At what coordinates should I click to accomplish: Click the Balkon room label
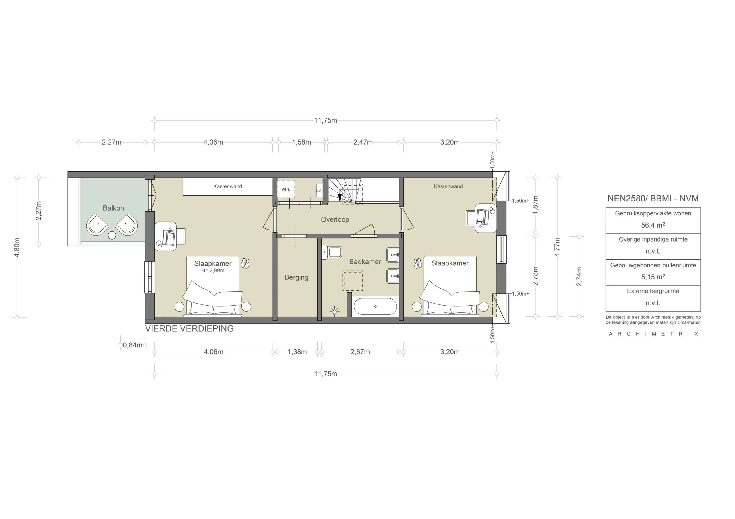[x=113, y=208]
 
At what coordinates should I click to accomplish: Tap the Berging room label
[x=296, y=277]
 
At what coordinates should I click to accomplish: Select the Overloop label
[x=335, y=219]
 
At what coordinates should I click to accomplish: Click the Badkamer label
[x=365, y=261]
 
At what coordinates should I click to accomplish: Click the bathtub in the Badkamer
[x=375, y=306]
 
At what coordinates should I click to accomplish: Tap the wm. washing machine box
[x=286, y=189]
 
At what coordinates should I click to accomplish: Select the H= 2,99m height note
[x=212, y=270]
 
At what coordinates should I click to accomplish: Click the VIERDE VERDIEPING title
[x=189, y=328]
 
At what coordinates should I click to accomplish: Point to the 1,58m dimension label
[x=301, y=142]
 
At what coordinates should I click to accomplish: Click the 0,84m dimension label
[x=133, y=345]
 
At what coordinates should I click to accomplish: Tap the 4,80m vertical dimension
[x=17, y=247]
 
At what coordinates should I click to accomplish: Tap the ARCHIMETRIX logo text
[x=653, y=334]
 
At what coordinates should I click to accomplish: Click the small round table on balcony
[x=112, y=235]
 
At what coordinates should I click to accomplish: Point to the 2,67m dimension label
[x=360, y=352]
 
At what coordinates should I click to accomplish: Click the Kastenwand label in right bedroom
[x=448, y=186]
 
